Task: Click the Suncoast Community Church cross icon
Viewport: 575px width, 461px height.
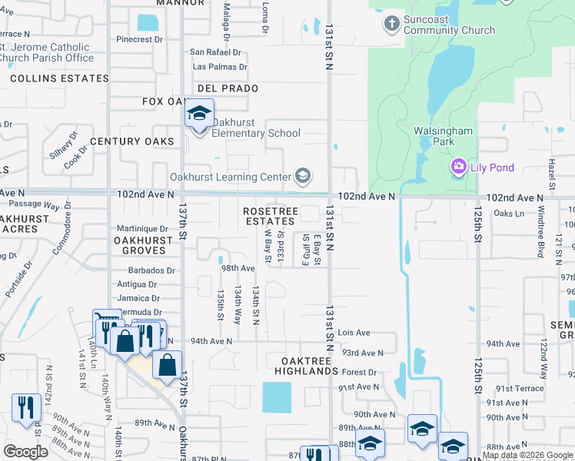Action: point(391,24)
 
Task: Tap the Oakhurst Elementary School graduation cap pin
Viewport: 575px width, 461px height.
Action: point(199,115)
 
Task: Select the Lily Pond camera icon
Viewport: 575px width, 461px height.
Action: point(459,166)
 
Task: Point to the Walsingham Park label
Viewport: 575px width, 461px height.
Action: point(443,137)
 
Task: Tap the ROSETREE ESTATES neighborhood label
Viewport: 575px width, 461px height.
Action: point(269,216)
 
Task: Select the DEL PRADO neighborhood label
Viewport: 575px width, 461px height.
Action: point(228,88)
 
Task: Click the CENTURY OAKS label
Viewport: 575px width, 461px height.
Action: point(132,141)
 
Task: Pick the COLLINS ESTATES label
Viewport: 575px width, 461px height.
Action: point(60,78)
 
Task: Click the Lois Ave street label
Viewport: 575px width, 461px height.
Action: point(354,333)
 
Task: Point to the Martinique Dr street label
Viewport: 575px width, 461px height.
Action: point(142,229)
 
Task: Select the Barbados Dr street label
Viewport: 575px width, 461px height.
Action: point(152,270)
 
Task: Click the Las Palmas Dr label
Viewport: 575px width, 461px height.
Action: point(220,67)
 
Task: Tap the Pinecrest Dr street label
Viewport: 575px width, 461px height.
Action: point(139,38)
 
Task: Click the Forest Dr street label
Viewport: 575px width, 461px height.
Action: point(360,373)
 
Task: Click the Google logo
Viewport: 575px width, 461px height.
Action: point(25,452)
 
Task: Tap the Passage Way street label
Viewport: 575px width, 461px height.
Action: point(34,206)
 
